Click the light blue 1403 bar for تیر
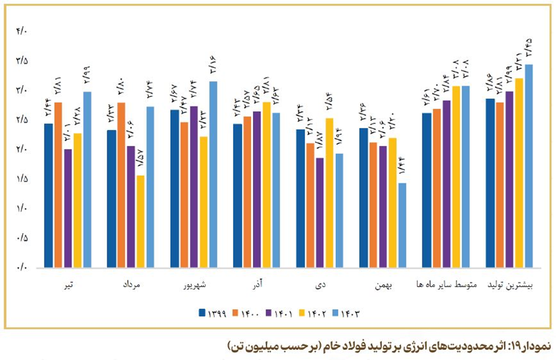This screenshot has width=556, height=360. coord(87,179)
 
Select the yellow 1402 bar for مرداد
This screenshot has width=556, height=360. coord(140,221)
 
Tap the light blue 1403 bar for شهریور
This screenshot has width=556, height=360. coord(213,174)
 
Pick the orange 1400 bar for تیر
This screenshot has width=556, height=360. coord(58,184)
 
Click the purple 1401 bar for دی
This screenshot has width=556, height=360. coord(320,212)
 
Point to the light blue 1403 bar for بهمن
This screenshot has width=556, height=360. coord(402,225)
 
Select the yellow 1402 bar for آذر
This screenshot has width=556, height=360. coord(267,184)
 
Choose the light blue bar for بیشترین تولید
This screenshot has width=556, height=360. coord(529,165)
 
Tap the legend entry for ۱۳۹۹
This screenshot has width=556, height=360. coord(213,313)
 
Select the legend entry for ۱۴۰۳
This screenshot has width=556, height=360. coord(348,313)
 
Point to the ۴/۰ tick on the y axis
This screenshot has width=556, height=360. coord(22,31)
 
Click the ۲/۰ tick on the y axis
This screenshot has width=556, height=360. coord(22,149)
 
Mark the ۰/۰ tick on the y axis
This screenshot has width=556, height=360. coord(22,267)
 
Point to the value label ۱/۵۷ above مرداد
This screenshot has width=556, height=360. coord(140,161)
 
